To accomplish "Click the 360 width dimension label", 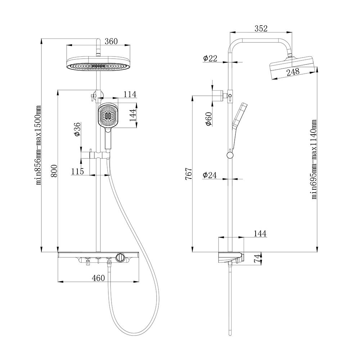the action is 111,41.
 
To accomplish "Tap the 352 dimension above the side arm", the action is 261,28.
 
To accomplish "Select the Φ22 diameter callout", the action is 210,58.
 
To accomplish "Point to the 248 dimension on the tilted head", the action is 293,72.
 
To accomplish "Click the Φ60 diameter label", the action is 209,119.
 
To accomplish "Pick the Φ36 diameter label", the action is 77,129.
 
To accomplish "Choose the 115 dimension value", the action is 77,171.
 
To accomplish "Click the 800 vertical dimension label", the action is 54,171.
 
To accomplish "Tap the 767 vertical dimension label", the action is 189,174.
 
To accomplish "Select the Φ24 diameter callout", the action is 210,175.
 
